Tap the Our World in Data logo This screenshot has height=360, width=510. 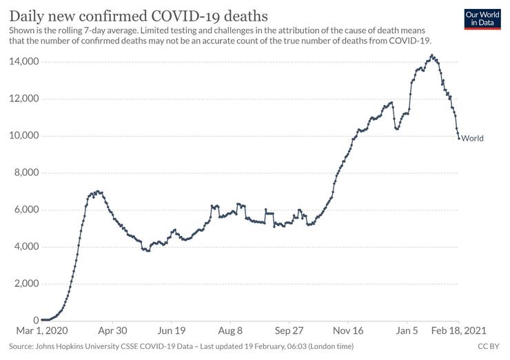[482, 19]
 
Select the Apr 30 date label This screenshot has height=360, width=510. [112, 330]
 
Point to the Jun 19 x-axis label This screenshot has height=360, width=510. [171, 330]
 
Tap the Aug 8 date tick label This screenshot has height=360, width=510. [230, 330]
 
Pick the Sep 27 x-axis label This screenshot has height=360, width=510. [289, 330]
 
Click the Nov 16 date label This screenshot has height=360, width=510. [348, 330]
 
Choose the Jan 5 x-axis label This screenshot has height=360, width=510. [407, 330]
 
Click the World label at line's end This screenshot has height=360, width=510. [472, 138]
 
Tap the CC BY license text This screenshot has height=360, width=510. [488, 346]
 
